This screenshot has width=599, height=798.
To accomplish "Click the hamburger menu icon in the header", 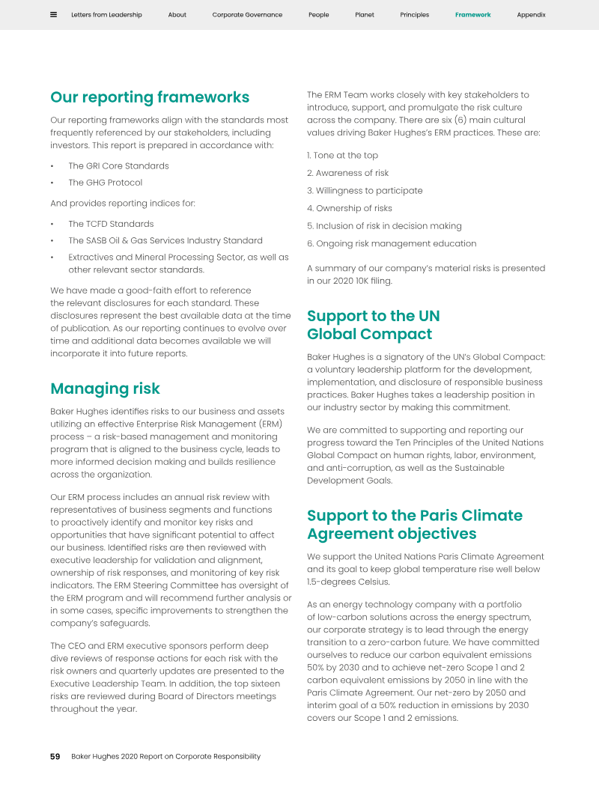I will tap(53, 15).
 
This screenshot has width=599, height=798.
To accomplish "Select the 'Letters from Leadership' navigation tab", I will tap(106, 15).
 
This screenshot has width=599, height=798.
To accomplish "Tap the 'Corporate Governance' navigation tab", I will tap(247, 15).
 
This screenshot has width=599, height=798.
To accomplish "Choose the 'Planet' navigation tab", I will tap(365, 15).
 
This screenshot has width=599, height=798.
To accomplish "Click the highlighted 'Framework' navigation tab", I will tap(473, 15).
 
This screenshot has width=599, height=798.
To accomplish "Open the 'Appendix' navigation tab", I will tap(531, 15).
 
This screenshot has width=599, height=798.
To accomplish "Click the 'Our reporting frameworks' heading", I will tap(150, 97).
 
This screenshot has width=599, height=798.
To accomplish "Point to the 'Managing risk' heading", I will tap(105, 389).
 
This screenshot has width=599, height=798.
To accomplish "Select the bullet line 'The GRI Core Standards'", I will tap(118, 166).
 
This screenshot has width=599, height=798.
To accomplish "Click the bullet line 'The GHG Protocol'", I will tap(105, 183).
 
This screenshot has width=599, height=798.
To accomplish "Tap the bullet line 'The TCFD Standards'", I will tap(111, 224).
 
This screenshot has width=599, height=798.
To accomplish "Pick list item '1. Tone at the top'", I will tap(342, 156).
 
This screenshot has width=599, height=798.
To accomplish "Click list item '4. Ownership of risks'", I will tap(349, 209).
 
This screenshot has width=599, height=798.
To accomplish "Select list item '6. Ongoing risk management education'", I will tap(392, 244).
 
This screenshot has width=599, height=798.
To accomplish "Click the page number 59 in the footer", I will tap(55, 757).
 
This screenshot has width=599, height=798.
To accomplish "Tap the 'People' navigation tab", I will tap(318, 15).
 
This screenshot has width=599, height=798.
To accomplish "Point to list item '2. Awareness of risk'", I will tap(347, 173).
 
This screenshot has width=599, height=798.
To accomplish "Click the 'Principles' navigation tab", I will tap(414, 15).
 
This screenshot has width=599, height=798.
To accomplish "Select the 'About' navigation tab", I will tap(177, 15).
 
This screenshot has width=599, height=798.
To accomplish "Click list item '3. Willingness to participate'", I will tap(365, 191).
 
